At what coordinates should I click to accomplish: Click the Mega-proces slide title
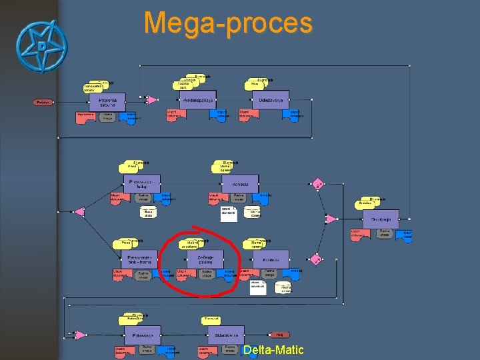[x=228, y=23]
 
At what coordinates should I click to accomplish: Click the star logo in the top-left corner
[x=41, y=48]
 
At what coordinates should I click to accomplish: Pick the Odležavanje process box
[x=271, y=100]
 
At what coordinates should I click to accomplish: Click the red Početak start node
[x=43, y=102]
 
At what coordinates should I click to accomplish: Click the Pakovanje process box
[x=143, y=335]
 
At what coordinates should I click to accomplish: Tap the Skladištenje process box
[x=227, y=335]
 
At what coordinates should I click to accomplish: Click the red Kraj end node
[x=280, y=335]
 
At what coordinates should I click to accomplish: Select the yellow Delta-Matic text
[x=273, y=350]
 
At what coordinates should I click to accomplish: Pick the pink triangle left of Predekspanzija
[x=152, y=100]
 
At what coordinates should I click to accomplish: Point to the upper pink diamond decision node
[x=319, y=183]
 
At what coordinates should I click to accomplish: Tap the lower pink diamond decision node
[x=318, y=260]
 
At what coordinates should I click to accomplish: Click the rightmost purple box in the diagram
[x=381, y=219]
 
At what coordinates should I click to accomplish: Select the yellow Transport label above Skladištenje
[x=212, y=320]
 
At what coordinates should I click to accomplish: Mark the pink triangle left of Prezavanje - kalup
[x=79, y=212]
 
